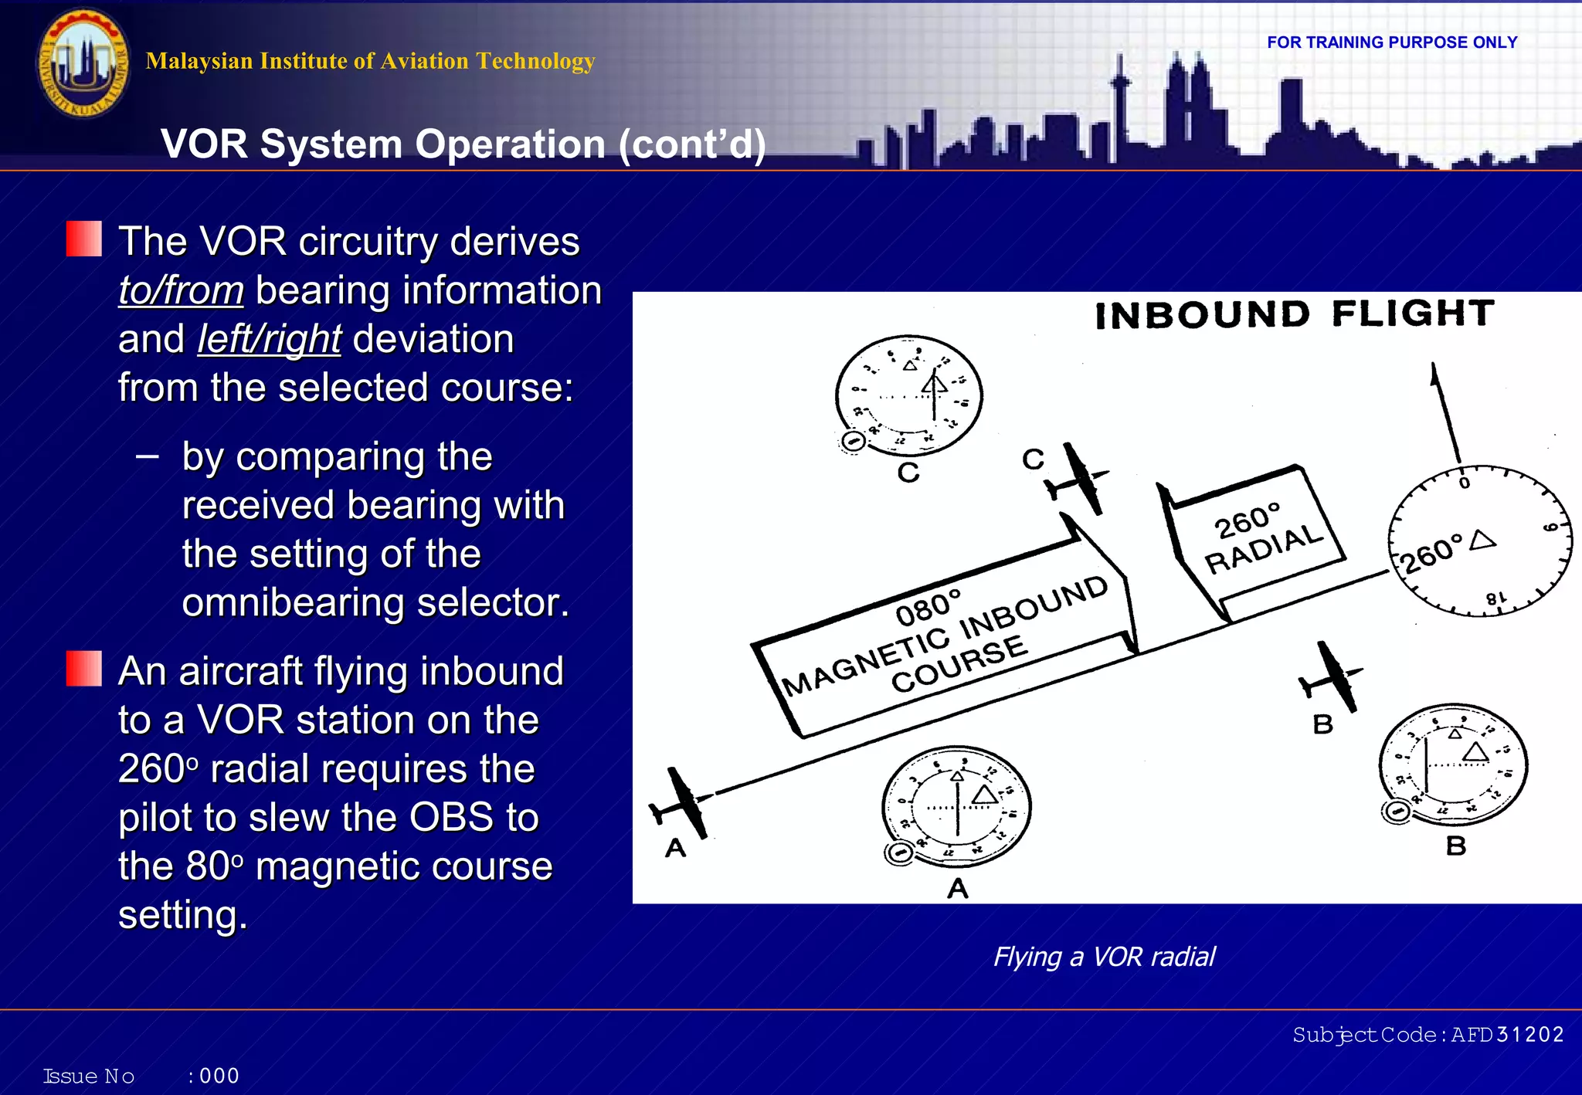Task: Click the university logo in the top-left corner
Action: coord(83,63)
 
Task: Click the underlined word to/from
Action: coord(181,291)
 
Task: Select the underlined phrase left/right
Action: coord(269,340)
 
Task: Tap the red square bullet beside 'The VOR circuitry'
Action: coord(83,239)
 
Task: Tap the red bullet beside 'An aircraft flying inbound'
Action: coord(83,668)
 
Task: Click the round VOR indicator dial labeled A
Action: coord(957,806)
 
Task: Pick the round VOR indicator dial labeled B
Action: coord(1453,765)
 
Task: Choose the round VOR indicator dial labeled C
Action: coord(909,395)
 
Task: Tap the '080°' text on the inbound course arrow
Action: coord(928,609)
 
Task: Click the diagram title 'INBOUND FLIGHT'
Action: coord(1294,314)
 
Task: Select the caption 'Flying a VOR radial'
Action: coord(1103,957)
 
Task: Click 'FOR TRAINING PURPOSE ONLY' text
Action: coord(1391,42)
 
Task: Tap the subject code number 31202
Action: coord(1529,1035)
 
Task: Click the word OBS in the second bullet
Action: coord(451,818)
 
